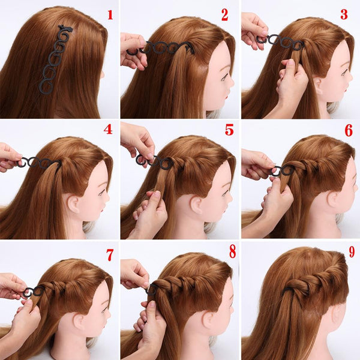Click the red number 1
[x=110, y=14]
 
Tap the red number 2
[x=225, y=15]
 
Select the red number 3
[x=344, y=14]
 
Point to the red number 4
[x=108, y=130]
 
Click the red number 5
[x=229, y=130]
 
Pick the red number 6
[x=349, y=131]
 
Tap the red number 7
[x=110, y=255]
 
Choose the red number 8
[x=233, y=251]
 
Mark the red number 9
[x=352, y=251]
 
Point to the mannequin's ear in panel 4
[x=73, y=203]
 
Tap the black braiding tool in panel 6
[x=278, y=171]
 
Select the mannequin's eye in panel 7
[x=104, y=310]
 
